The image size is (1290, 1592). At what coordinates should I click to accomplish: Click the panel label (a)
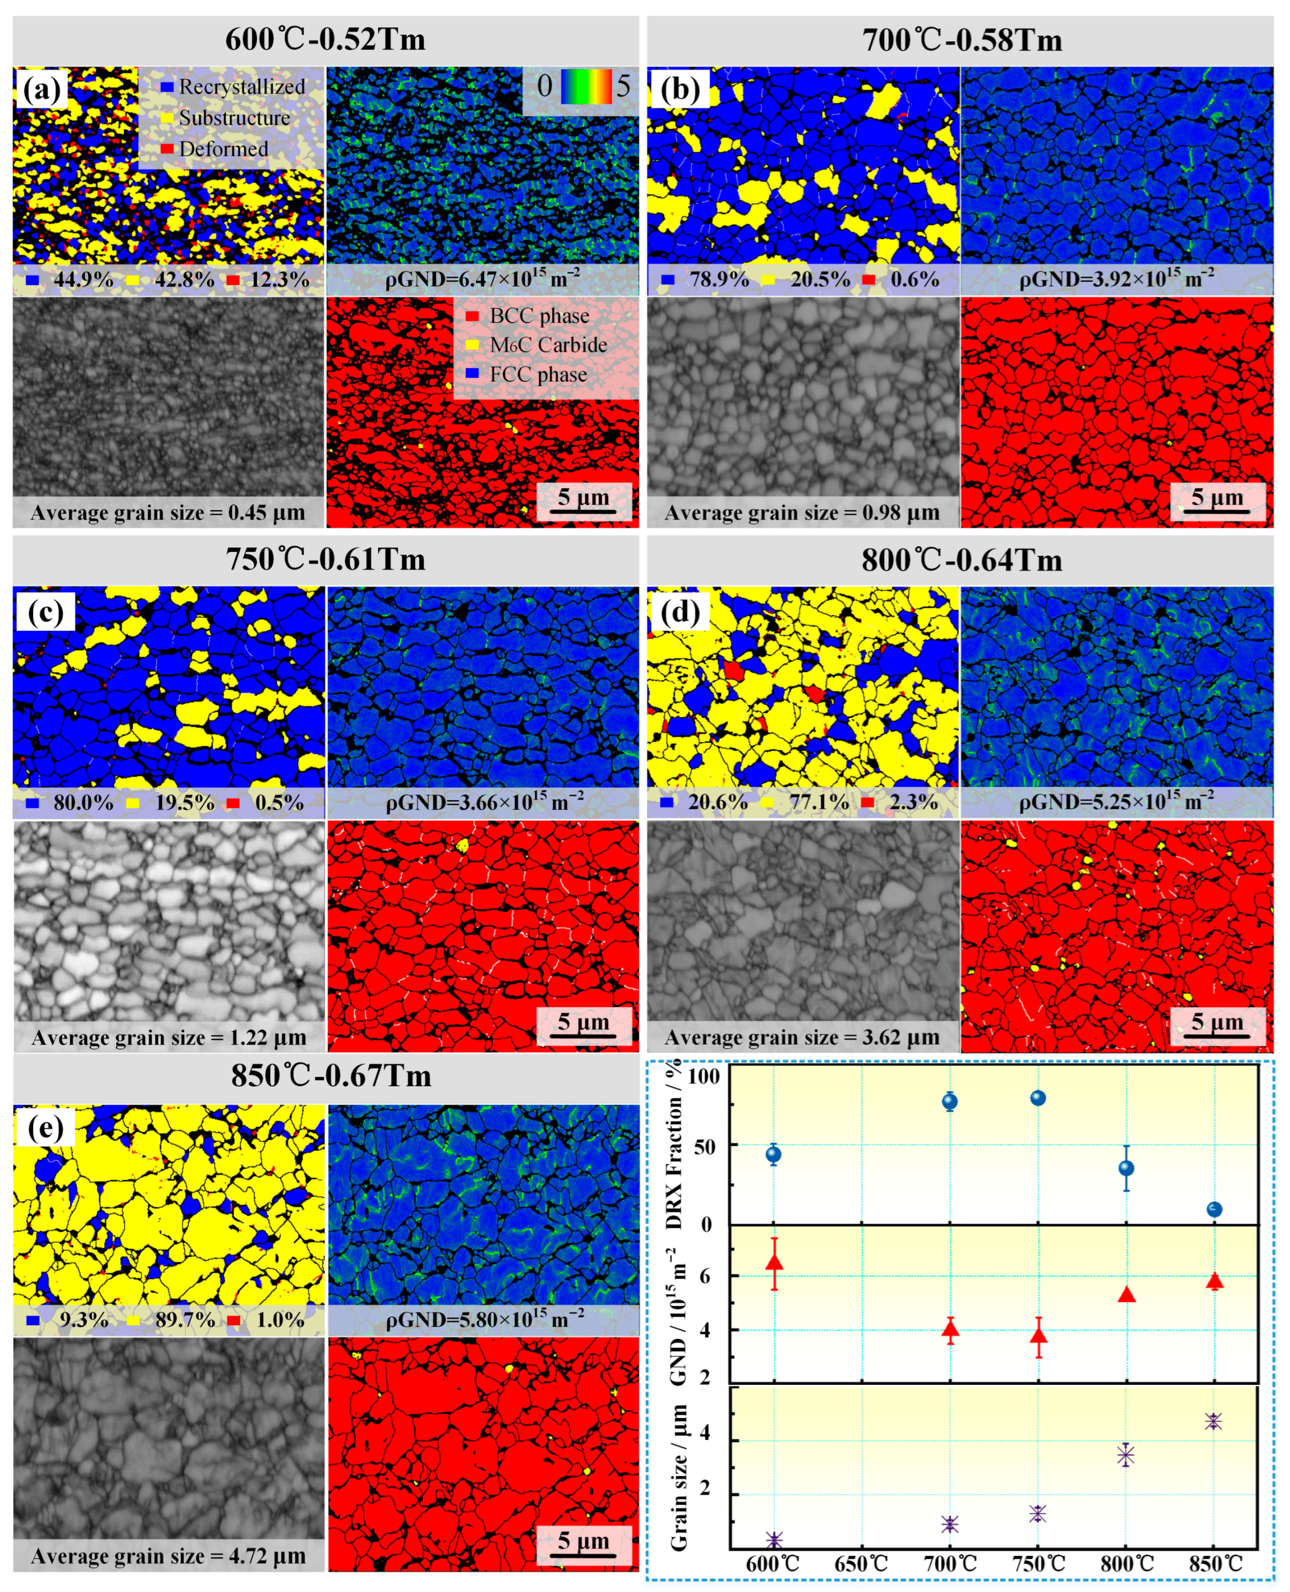(x=41, y=90)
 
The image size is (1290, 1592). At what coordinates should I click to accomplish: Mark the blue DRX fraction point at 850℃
(x=1214, y=1209)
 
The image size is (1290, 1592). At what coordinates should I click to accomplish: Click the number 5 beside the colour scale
(x=623, y=86)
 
